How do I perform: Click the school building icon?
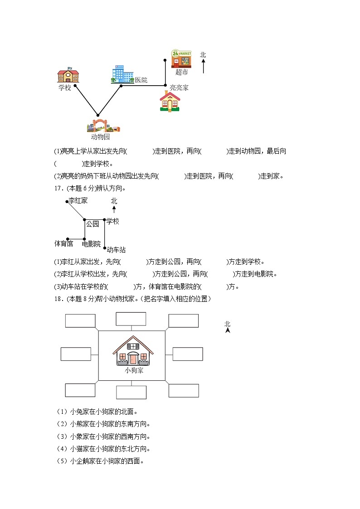click(68, 76)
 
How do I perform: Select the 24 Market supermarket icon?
click(181, 59)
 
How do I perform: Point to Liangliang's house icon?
click(170, 102)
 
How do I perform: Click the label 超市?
click(181, 72)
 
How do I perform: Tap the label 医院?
click(141, 80)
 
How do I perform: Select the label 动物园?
click(100, 137)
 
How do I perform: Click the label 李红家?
click(78, 200)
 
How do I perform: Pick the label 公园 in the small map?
click(92, 224)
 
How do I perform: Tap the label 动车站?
click(116, 250)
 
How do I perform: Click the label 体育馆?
click(63, 244)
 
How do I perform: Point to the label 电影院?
click(91, 244)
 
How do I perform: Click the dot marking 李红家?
click(67, 202)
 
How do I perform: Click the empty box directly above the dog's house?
click(131, 319)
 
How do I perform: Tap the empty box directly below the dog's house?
click(131, 392)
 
